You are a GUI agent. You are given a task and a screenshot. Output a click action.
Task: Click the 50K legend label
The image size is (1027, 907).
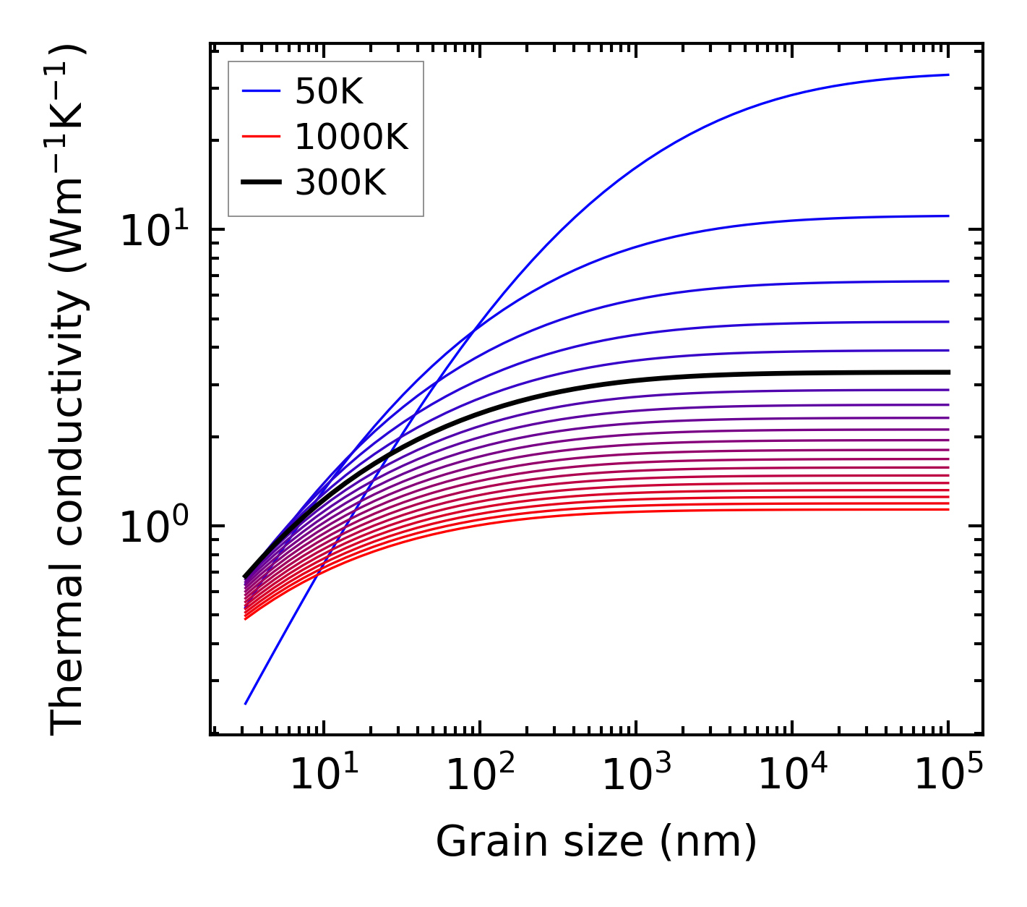point(328,92)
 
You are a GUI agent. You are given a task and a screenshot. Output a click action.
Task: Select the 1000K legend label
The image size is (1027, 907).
point(351,137)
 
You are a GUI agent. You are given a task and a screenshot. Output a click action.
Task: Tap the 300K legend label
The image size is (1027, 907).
point(340,183)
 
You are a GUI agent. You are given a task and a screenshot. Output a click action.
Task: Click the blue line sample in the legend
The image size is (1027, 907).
point(260,91)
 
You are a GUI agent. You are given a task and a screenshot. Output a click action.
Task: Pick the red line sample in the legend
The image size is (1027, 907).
point(260,137)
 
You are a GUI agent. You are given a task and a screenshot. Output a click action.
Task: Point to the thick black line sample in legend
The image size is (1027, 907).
point(260,183)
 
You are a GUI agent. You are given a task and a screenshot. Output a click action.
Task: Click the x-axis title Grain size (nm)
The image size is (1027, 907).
point(596,842)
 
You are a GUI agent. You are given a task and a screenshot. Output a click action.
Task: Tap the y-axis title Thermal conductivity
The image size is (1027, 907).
point(68,389)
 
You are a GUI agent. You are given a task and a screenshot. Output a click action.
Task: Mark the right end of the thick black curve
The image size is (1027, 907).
point(948,372)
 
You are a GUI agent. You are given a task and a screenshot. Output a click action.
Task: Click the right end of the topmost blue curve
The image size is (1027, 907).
point(948,74)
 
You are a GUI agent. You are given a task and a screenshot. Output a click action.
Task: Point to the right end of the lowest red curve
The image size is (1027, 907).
point(948,510)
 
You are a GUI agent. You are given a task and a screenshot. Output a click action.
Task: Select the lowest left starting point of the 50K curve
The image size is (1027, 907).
point(246,704)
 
